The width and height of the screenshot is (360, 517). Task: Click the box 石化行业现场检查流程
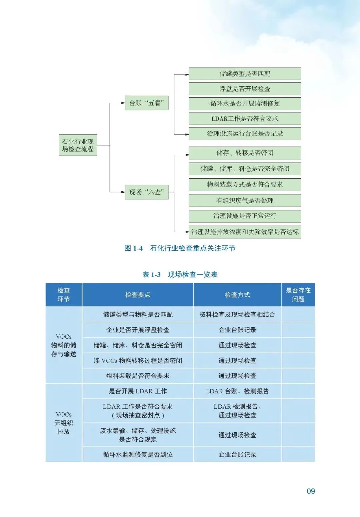click(x=78, y=145)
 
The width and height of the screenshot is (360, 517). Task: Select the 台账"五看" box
click(x=146, y=103)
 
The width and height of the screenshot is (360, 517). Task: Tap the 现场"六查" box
click(x=146, y=192)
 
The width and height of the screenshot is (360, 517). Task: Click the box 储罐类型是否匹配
click(x=245, y=74)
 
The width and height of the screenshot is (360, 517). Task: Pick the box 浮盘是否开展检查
click(x=245, y=89)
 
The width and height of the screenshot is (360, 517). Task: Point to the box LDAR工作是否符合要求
click(x=245, y=119)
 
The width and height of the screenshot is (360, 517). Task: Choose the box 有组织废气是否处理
click(x=245, y=200)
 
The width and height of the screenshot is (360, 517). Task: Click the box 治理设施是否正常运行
click(x=245, y=216)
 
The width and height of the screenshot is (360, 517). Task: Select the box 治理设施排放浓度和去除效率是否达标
click(x=245, y=232)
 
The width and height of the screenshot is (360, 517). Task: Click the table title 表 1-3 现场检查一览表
click(x=180, y=274)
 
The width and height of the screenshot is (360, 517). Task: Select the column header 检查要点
click(x=138, y=295)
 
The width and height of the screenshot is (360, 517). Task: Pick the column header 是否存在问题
click(x=298, y=295)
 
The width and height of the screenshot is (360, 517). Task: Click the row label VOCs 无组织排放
click(x=64, y=423)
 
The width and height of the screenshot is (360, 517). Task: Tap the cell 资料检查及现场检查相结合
click(x=237, y=314)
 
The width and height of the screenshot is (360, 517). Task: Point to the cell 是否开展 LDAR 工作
click(x=138, y=391)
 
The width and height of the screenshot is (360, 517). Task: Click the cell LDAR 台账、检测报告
click(x=237, y=391)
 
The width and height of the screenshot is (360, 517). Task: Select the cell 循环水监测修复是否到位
click(x=138, y=454)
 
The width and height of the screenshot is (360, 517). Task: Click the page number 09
click(x=311, y=491)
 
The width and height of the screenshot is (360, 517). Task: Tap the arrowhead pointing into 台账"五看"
click(x=123, y=103)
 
